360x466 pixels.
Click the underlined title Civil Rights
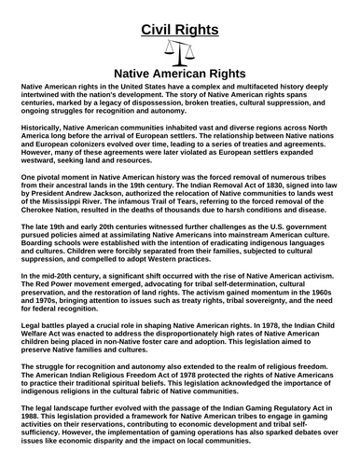(179, 29)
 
